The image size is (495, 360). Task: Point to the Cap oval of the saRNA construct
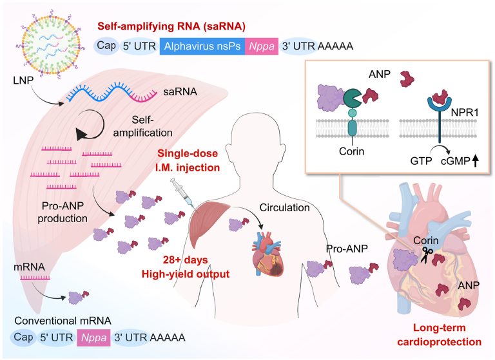pyautogui.click(x=106, y=47)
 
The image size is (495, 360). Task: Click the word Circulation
pyautogui.click(x=285, y=207)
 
